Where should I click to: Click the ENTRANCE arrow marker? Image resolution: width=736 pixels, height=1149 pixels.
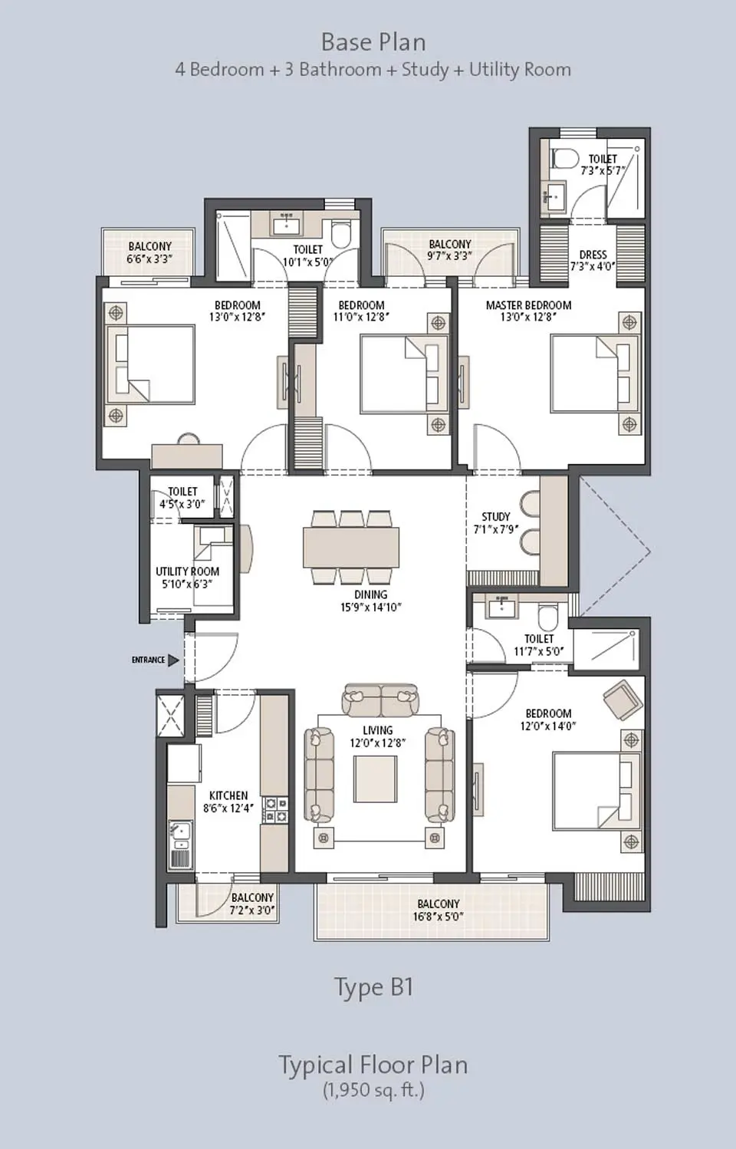coord(173,660)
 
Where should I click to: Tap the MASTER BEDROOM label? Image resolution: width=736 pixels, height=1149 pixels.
coord(528,305)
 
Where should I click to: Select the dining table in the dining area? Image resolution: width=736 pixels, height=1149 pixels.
coord(351,546)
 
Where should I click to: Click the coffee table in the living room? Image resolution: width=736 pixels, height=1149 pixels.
coord(375,779)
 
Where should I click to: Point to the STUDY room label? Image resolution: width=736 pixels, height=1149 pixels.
coord(495,516)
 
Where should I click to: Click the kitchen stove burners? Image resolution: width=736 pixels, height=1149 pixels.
coord(275,810)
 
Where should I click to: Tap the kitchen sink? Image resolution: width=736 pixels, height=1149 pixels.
coord(180,831)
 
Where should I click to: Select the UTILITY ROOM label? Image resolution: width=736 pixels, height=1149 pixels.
coord(187,571)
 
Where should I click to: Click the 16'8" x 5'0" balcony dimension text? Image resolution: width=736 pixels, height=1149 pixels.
coord(438,917)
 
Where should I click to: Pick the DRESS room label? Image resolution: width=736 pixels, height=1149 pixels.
coord(593,255)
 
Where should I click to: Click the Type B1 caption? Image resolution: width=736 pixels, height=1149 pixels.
coord(373,986)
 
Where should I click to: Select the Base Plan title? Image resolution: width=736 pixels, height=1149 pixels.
coord(373,41)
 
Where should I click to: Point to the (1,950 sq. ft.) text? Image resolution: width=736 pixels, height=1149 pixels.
coord(373,1090)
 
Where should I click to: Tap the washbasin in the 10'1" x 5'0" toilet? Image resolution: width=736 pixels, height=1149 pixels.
coord(287,225)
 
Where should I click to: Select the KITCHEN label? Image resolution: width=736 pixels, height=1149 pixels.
coord(228,795)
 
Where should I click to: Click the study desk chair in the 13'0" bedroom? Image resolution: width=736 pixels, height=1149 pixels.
coord(188,439)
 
